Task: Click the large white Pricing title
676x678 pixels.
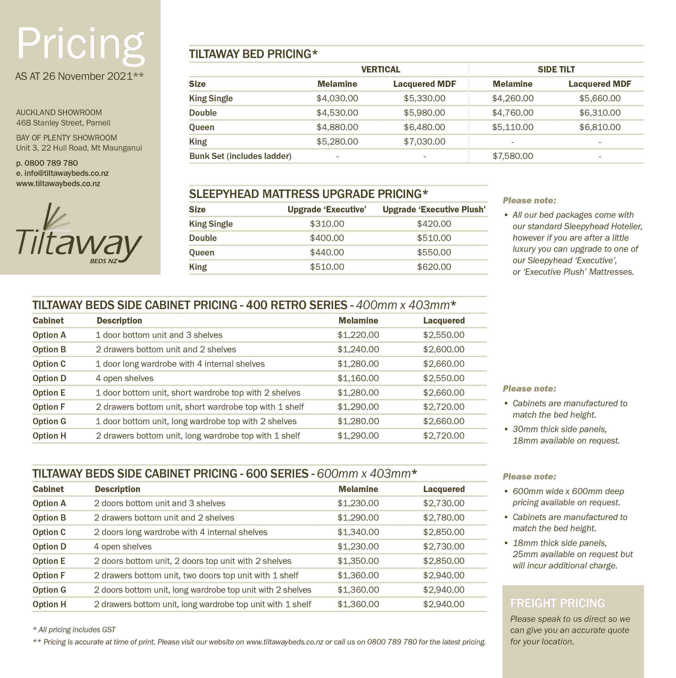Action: coord(80,45)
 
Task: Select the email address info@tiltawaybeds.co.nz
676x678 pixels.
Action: coord(62,173)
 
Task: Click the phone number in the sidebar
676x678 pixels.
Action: coord(47,163)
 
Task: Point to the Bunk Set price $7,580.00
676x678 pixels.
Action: coord(513,156)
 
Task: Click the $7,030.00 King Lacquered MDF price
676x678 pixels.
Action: coord(424,142)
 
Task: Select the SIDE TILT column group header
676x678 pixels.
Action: coord(556,69)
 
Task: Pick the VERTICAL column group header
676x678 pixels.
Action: coord(381,69)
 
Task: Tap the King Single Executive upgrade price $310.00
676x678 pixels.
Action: coord(327,224)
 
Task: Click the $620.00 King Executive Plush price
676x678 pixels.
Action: coord(434,267)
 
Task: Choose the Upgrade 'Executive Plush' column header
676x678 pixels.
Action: coord(434,209)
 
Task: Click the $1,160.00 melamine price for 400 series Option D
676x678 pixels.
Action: coord(358,378)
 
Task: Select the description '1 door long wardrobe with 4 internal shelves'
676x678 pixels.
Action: coord(180,364)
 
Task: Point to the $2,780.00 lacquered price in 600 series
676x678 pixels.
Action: coord(444,518)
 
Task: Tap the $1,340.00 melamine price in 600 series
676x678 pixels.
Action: coord(358,532)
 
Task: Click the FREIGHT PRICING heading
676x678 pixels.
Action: coord(558,603)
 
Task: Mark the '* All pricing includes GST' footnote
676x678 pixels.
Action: coord(74,630)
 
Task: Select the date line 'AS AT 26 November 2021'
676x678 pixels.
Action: coord(79,76)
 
